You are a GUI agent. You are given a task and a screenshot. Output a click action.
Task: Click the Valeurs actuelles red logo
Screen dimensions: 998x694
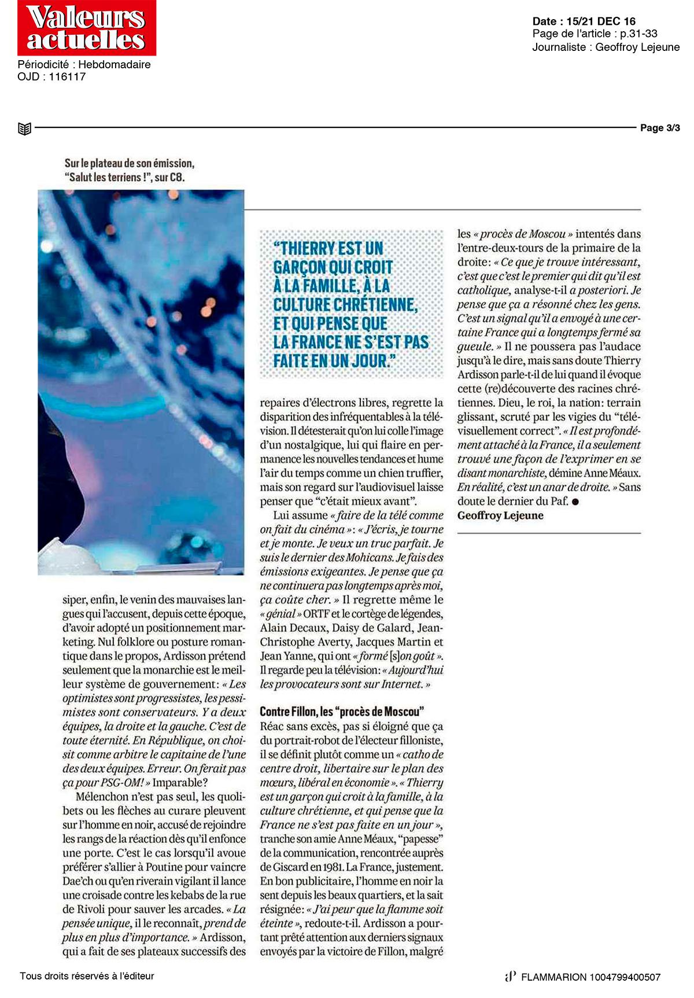(x=86, y=28)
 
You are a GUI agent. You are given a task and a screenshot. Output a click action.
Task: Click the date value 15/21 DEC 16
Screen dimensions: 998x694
(x=601, y=21)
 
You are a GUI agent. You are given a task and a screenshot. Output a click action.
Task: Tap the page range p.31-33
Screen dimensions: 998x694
(x=638, y=34)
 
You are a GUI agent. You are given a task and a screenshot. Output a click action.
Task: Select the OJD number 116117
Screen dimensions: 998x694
(x=67, y=76)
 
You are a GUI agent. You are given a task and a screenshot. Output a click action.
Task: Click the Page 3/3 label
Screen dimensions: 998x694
(x=660, y=128)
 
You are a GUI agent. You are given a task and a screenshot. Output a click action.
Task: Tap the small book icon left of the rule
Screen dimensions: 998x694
(x=24, y=128)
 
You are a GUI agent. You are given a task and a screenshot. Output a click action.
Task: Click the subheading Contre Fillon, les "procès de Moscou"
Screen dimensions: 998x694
(x=342, y=712)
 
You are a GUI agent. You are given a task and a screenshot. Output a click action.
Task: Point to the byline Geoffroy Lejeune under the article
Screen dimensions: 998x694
(x=500, y=515)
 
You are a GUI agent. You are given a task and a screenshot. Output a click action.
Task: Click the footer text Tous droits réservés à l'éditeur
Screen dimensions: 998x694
(x=87, y=976)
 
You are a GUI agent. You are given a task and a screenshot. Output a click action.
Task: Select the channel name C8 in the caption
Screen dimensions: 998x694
(x=177, y=178)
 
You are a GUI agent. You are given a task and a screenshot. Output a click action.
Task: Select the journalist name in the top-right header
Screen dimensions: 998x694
(x=637, y=47)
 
